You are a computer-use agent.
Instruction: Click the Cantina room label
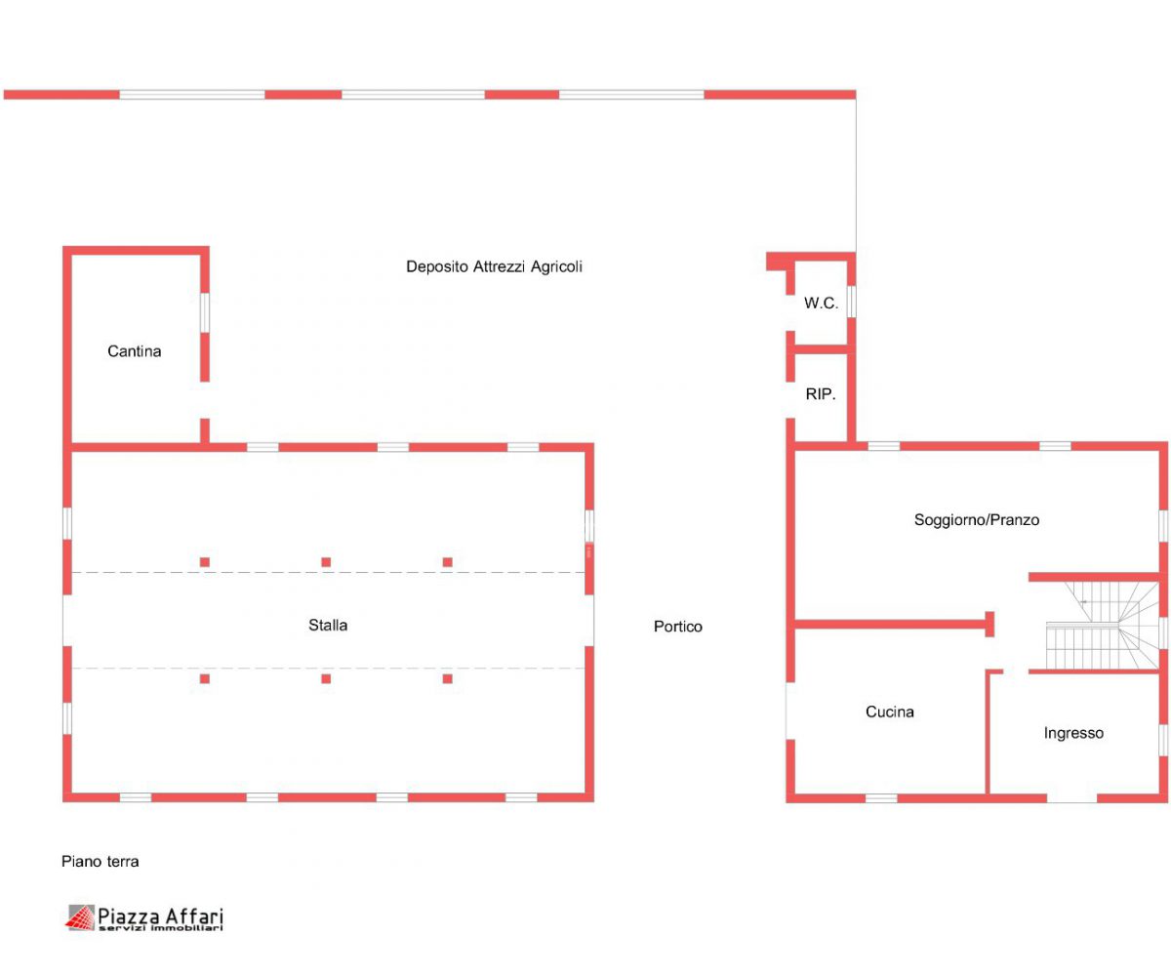(134, 351)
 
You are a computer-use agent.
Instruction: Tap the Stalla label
(328, 625)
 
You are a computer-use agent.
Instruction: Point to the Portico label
(677, 626)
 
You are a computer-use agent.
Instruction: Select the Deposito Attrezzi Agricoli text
(494, 266)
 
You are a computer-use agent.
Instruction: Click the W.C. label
(821, 303)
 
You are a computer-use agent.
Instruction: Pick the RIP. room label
(821, 394)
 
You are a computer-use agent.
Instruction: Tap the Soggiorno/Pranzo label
(977, 520)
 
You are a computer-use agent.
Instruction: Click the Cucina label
(889, 712)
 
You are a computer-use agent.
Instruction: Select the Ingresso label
(1073, 733)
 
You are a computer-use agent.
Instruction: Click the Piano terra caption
(100, 862)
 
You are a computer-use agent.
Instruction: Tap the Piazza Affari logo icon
(80, 917)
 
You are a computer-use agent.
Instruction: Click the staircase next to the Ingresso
(1102, 625)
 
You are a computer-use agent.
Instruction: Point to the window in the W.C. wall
(851, 302)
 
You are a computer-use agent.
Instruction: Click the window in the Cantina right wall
(205, 312)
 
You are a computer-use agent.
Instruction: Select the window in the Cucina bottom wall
(881, 797)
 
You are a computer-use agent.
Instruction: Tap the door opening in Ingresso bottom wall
(1071, 798)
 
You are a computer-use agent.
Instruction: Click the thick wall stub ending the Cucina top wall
(989, 625)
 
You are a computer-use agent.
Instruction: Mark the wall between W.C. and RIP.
(821, 349)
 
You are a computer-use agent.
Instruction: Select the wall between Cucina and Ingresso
(989, 732)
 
